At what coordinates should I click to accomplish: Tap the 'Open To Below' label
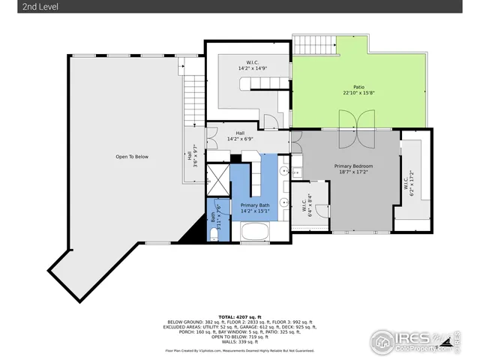point(131,157)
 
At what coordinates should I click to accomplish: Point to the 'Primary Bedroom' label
point(352,166)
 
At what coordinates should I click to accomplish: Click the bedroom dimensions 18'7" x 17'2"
point(352,172)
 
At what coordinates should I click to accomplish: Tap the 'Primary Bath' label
point(255,205)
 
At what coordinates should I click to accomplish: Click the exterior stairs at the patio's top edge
point(315,45)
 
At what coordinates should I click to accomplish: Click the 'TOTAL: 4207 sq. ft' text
point(240,317)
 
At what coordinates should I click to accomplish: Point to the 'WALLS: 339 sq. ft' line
point(240,340)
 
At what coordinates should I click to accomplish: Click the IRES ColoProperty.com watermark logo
point(412,343)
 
